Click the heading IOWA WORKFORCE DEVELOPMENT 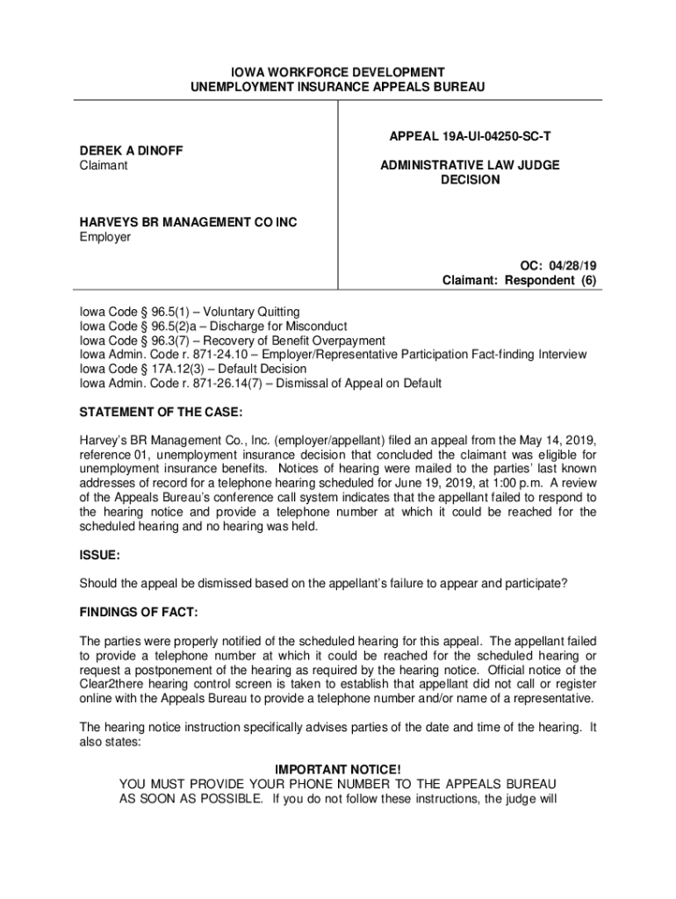[338, 72]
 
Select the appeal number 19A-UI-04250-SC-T [471, 137]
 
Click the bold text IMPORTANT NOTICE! [338, 770]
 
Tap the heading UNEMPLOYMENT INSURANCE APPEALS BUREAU [338, 87]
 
